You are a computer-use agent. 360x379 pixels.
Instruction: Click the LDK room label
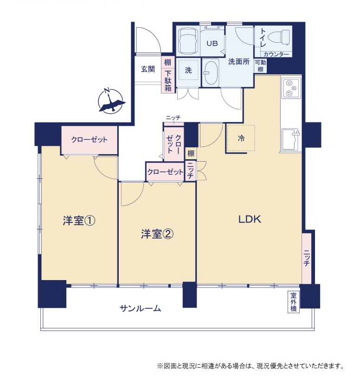(250, 219)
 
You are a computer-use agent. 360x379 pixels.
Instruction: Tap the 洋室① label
(79, 221)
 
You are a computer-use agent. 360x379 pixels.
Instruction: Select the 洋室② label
(157, 234)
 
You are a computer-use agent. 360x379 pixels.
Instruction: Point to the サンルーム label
(140, 308)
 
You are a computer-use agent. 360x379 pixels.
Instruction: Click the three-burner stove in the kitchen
(291, 89)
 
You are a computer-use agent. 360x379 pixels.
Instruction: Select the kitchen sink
(291, 140)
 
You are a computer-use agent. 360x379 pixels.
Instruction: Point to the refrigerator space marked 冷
(241, 138)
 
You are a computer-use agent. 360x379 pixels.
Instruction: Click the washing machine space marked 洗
(188, 70)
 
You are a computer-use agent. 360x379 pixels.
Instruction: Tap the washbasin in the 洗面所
(211, 72)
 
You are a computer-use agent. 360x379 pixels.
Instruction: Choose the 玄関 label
(148, 69)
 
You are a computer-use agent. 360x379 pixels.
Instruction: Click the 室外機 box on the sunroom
(293, 302)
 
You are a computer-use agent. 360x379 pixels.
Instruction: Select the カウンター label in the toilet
(276, 54)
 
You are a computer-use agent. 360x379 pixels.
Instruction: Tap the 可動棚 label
(261, 66)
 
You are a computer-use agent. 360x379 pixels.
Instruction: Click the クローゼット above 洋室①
(89, 140)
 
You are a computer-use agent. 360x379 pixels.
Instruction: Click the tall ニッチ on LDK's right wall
(307, 258)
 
